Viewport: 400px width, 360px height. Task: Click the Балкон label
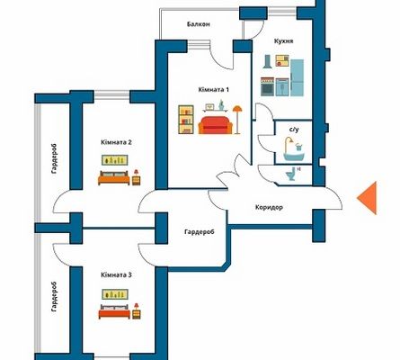[x=198, y=24]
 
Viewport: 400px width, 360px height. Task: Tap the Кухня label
[x=283, y=41]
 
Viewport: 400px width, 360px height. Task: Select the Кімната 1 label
[x=214, y=90]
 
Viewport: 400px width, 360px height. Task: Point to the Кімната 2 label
[x=116, y=142]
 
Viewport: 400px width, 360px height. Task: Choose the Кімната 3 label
[x=116, y=274]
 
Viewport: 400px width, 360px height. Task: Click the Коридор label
[x=269, y=207]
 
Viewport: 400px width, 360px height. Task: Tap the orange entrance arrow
[x=367, y=198]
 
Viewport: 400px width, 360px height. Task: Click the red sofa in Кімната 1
[x=215, y=125]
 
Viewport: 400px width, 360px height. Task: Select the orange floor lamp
[x=237, y=120]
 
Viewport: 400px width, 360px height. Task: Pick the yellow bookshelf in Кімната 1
[x=186, y=120]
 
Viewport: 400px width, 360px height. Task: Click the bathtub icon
[x=294, y=149]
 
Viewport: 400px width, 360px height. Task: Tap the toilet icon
[x=290, y=175]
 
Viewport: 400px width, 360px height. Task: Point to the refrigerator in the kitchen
[x=297, y=77]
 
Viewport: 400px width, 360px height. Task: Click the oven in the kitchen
[x=267, y=87]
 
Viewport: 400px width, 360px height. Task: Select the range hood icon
[x=267, y=61]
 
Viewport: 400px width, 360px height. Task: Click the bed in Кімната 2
[x=114, y=178]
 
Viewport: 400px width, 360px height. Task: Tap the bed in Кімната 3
[x=114, y=311]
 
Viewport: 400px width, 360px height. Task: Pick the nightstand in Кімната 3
[x=137, y=311]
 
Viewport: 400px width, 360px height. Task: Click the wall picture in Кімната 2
[x=115, y=160]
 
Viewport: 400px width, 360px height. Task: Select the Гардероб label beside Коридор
[x=200, y=232]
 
